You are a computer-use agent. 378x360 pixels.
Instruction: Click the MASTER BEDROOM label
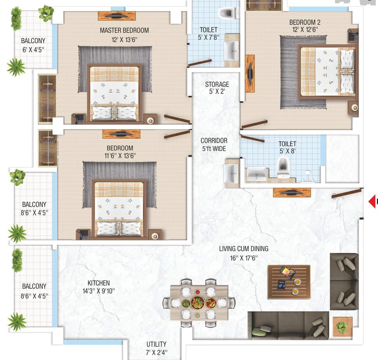point(124,30)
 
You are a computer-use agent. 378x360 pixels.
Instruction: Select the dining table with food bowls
point(199,303)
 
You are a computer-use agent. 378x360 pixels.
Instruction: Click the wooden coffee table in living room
point(289,282)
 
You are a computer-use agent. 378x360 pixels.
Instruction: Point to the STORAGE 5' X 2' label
point(217,88)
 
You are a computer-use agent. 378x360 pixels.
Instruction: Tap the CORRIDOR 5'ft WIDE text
point(214,144)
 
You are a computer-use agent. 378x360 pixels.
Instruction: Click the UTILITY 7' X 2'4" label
point(157,348)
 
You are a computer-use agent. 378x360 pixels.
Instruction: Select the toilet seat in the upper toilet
point(227,13)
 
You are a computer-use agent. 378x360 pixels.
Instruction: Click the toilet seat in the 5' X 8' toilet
point(283,167)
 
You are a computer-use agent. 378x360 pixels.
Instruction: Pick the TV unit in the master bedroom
point(117,16)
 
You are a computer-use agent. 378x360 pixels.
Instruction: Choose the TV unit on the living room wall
point(292,192)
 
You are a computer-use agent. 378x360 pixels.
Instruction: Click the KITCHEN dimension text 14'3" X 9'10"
point(99,291)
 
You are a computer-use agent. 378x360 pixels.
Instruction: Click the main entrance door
point(347,193)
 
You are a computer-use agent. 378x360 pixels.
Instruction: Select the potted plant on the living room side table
point(342,327)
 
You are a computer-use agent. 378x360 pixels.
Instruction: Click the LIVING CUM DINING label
point(244,248)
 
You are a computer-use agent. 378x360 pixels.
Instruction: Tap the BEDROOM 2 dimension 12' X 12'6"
point(305,30)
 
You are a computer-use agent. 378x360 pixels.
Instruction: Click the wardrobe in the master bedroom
point(48,99)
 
